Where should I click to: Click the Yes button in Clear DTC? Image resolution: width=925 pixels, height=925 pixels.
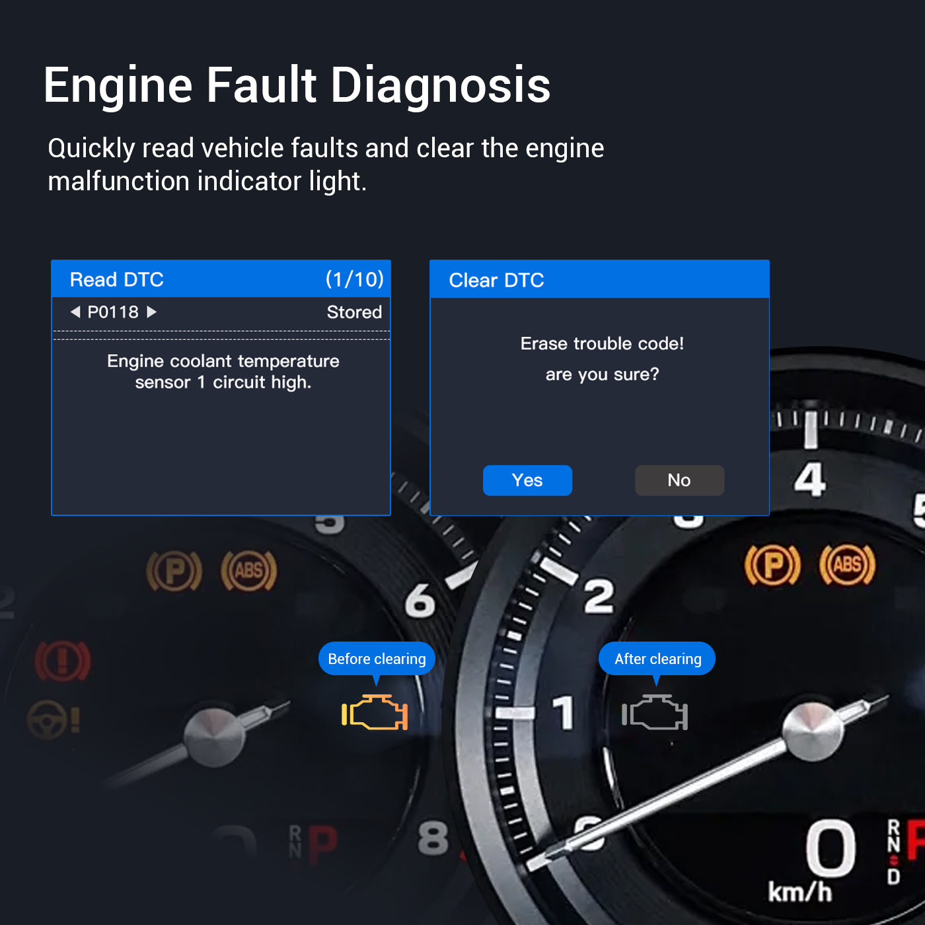coord(527,480)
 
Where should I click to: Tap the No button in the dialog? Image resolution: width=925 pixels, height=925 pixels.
coord(679,480)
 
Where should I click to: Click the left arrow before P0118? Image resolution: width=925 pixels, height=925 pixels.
coord(75,312)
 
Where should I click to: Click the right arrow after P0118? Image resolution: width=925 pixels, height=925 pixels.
coord(152,312)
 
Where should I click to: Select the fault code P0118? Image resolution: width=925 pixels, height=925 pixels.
coord(113,312)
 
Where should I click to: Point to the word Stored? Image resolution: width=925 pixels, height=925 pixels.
coord(354,312)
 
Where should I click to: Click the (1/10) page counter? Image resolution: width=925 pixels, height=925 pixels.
coord(354,279)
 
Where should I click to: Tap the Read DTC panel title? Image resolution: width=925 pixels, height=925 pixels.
coord(117,279)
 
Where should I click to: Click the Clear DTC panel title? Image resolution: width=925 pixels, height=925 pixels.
coord(496,280)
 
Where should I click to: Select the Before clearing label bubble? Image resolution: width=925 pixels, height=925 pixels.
coord(377,659)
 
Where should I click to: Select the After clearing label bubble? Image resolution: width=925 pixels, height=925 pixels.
coord(657,659)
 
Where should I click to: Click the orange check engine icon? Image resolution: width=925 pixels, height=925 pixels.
coord(375,713)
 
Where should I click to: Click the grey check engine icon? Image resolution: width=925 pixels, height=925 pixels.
coord(655,713)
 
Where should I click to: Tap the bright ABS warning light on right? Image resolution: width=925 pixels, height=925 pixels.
coord(847,565)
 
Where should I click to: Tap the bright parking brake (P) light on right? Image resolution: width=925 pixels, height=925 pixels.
coord(772,566)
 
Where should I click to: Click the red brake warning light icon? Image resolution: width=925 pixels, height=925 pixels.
coord(62,661)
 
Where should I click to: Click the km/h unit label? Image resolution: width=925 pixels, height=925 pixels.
coord(799,892)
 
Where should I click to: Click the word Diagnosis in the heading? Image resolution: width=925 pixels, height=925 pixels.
coord(441,86)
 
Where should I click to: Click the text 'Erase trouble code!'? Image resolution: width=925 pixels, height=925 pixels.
coord(602,344)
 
